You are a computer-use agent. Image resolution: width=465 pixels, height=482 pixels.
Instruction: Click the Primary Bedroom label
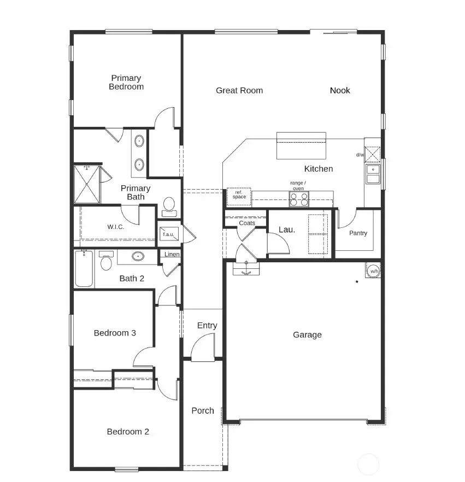point(126,83)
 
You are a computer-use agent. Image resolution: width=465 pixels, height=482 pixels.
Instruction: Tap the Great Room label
point(239,91)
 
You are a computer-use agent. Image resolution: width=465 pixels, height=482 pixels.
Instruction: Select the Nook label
point(340,91)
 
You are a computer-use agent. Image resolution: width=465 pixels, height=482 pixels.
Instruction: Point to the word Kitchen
point(318,169)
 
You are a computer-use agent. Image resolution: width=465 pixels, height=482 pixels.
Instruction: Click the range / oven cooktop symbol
point(299,199)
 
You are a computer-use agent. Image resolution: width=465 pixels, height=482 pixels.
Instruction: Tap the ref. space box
point(239,196)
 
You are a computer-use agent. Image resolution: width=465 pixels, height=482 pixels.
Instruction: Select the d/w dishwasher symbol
point(372,155)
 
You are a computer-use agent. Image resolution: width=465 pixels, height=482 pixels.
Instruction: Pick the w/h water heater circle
point(374,271)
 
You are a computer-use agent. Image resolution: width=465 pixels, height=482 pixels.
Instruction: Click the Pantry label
point(358,233)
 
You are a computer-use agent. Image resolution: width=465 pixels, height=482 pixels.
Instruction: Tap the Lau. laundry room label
point(287,230)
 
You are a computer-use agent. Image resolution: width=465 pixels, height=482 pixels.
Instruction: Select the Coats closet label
point(247,223)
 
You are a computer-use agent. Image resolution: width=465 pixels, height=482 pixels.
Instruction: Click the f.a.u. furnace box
point(167,234)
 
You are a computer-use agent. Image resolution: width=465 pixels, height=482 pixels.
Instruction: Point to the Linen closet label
point(172,255)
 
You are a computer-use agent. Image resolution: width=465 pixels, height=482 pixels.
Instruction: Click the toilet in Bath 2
point(106,263)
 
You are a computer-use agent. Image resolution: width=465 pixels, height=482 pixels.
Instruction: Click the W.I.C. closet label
point(115,227)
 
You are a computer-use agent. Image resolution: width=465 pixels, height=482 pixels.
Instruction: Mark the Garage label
point(307,335)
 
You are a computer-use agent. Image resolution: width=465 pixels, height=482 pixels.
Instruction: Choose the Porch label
point(203,411)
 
